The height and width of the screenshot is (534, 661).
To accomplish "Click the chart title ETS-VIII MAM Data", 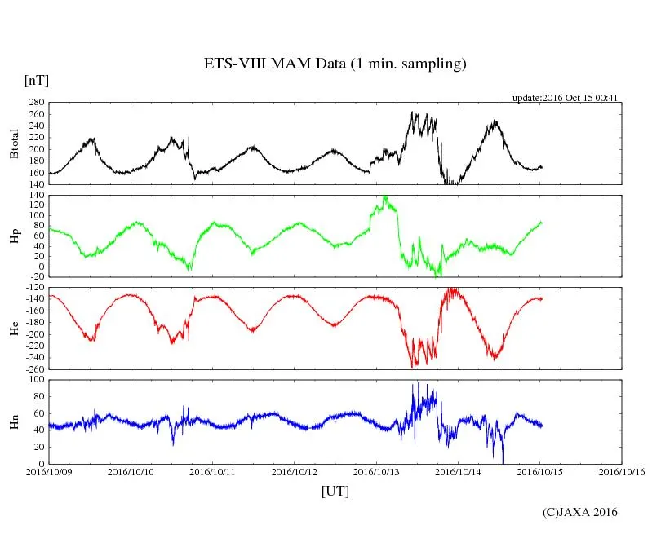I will click(335, 64).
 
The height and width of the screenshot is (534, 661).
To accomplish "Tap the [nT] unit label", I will click(36, 81).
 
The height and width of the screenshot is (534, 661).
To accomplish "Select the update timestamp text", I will click(565, 98).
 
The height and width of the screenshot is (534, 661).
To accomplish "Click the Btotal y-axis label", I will click(14, 143).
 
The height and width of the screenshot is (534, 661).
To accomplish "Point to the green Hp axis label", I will click(14, 236).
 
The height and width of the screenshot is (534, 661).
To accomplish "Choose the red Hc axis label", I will click(14, 329).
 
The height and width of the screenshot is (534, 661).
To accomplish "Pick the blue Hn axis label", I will click(14, 421).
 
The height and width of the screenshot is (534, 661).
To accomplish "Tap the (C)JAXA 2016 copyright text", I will click(580, 512).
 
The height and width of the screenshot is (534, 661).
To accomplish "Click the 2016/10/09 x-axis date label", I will click(49, 471).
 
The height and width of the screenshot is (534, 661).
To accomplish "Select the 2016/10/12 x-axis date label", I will click(295, 471).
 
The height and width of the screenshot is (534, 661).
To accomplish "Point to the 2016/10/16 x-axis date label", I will click(622, 471).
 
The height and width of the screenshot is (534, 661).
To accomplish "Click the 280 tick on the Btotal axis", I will click(35, 103).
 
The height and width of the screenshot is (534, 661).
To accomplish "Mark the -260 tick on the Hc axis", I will click(33, 369).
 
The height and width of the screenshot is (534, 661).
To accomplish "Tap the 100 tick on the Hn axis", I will click(35, 380).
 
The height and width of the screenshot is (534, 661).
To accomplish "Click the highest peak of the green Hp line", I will click(384, 196).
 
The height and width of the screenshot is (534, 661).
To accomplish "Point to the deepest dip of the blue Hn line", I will click(503, 461).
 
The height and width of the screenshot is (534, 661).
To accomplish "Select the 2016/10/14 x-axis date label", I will click(458, 471).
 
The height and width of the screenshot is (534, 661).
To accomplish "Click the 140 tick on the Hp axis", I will click(35, 196).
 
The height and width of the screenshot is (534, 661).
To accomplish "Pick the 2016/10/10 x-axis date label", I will click(131, 471).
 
